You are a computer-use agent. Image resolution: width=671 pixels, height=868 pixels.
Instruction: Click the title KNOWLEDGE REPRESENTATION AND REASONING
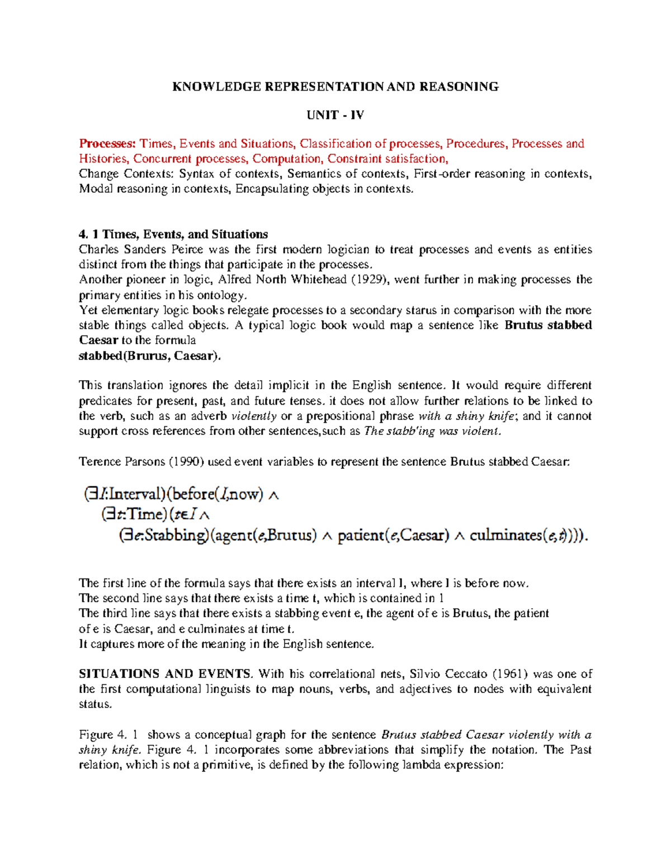(335, 87)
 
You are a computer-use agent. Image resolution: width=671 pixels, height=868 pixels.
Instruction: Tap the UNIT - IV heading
(335, 115)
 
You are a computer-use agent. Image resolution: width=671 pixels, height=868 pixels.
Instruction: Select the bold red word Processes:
(107, 144)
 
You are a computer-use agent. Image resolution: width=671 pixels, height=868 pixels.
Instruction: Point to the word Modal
(96, 189)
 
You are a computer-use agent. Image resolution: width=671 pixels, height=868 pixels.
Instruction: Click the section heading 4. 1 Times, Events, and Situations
(173, 234)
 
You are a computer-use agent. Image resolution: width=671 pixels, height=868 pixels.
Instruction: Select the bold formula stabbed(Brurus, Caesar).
(150, 355)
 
